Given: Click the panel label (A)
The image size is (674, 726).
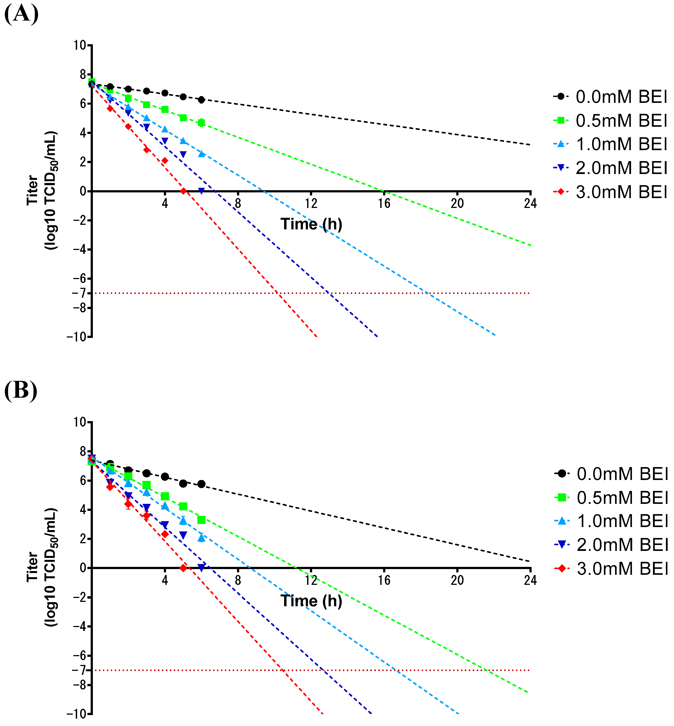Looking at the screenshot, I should click(21, 14).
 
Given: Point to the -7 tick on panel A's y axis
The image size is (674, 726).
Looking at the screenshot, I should click(79, 293).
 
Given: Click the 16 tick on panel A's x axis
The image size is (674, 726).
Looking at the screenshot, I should click(384, 203).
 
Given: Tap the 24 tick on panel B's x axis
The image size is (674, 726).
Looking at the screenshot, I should click(530, 580).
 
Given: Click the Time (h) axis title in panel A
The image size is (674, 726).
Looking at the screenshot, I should click(311, 224).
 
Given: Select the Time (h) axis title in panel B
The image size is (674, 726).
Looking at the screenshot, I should click(311, 601).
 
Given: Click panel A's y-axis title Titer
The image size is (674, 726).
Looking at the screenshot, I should click(32, 190).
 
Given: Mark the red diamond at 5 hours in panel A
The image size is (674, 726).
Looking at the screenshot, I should click(183, 191).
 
